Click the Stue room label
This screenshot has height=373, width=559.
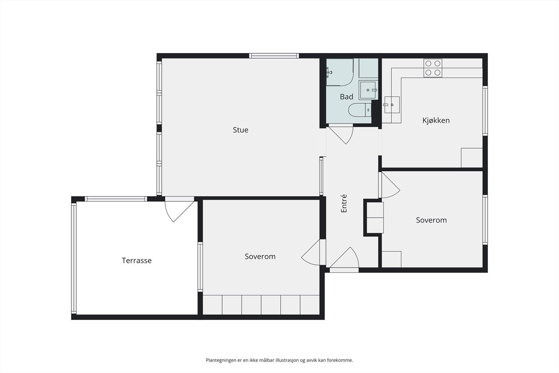coord(240,130)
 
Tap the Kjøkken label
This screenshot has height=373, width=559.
coord(436,121)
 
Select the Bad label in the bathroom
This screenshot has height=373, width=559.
coord(346,97)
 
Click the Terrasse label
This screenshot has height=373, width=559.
coord(137,261)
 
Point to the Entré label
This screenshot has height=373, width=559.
coord(344,203)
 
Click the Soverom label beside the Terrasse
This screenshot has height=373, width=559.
coord(260,257)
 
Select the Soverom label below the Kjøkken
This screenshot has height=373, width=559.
coord(431,220)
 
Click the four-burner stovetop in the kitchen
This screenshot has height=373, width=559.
coord(433,68)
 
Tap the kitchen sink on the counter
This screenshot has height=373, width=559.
coord(392,105)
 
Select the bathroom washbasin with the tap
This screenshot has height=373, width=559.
coord(368,90)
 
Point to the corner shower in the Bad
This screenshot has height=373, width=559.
coord(339,72)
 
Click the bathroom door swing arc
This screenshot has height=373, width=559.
coord(344,135)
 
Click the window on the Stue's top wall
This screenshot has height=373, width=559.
coord(274,56)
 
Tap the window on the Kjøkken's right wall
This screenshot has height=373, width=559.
coord(485,110)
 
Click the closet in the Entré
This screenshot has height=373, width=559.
coord(375,217)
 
